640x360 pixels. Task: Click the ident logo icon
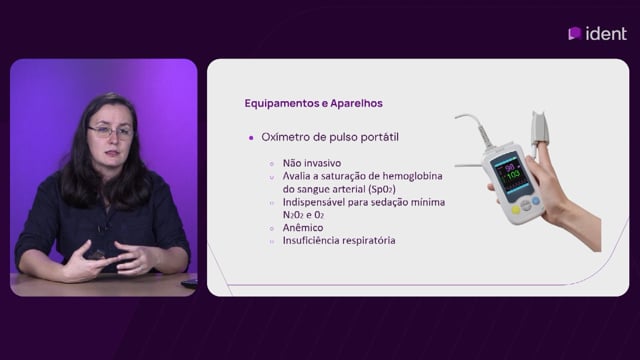point(575,33)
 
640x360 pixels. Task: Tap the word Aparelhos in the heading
point(356,103)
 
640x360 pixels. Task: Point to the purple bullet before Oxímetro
point(251,138)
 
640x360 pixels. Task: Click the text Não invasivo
point(312,163)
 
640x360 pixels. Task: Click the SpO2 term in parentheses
point(382,189)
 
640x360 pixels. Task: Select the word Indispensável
point(313,202)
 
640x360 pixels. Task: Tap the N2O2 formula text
point(293,215)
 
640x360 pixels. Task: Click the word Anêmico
point(303,228)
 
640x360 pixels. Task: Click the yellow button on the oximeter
point(516,210)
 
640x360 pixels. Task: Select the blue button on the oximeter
point(536,201)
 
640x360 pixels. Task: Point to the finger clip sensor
point(539,129)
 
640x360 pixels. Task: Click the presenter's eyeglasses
point(111,131)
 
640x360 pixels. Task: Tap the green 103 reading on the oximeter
point(513,175)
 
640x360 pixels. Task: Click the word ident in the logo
point(606,33)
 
